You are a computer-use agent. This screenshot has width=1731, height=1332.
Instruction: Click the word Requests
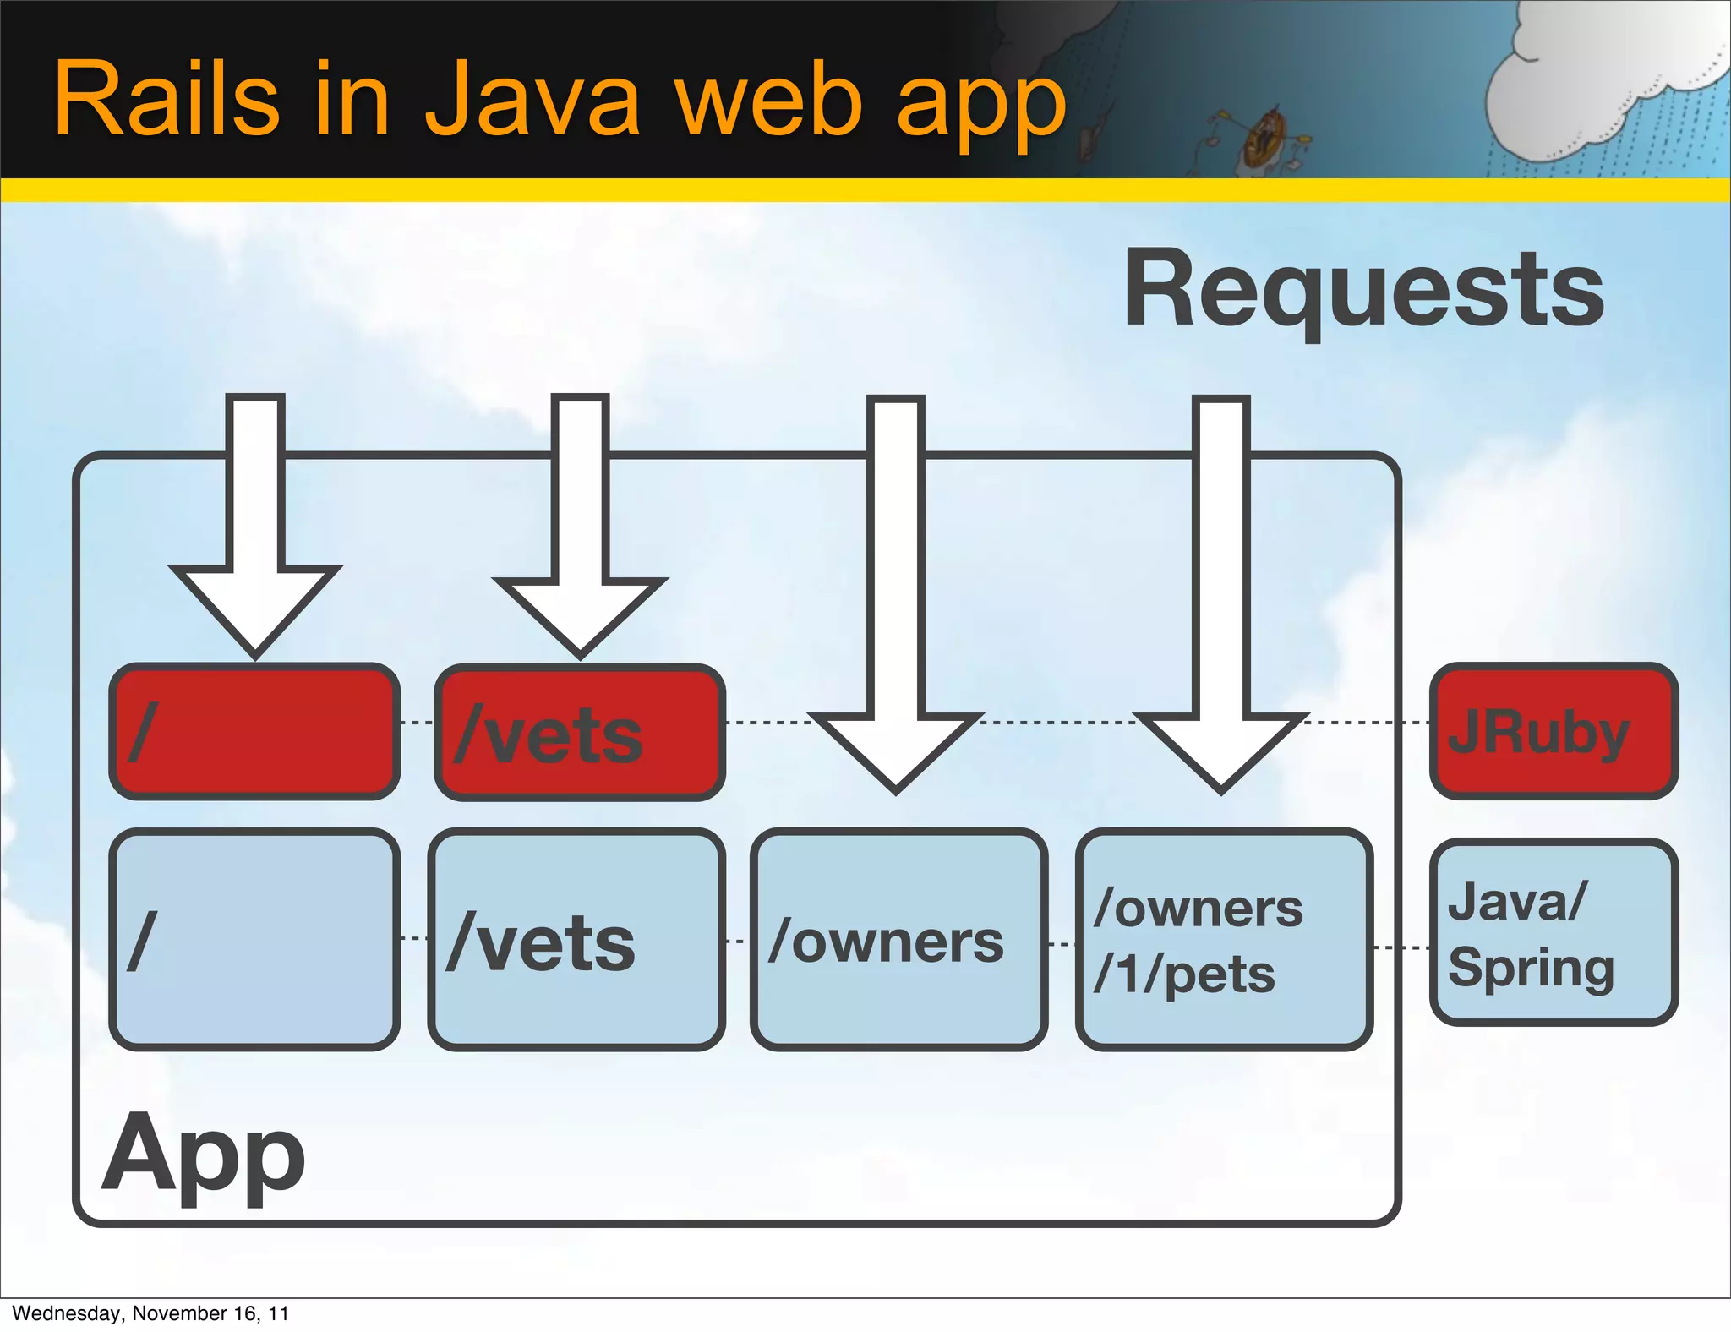1362,291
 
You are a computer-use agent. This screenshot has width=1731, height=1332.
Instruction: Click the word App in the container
203,1156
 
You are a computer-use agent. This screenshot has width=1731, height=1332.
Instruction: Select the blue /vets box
576,940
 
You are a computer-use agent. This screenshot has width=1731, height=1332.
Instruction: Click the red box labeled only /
254,732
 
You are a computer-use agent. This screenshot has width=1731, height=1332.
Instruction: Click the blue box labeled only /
254,940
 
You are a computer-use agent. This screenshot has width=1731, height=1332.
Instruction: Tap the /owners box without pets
898,940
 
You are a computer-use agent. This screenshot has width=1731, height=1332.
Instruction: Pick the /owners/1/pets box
1223,940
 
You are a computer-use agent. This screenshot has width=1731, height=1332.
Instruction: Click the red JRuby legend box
1554,732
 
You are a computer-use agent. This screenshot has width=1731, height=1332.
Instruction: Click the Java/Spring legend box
1554,933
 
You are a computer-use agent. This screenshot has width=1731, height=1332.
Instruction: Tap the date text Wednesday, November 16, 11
150,1313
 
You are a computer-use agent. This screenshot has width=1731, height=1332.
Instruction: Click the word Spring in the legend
1530,969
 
